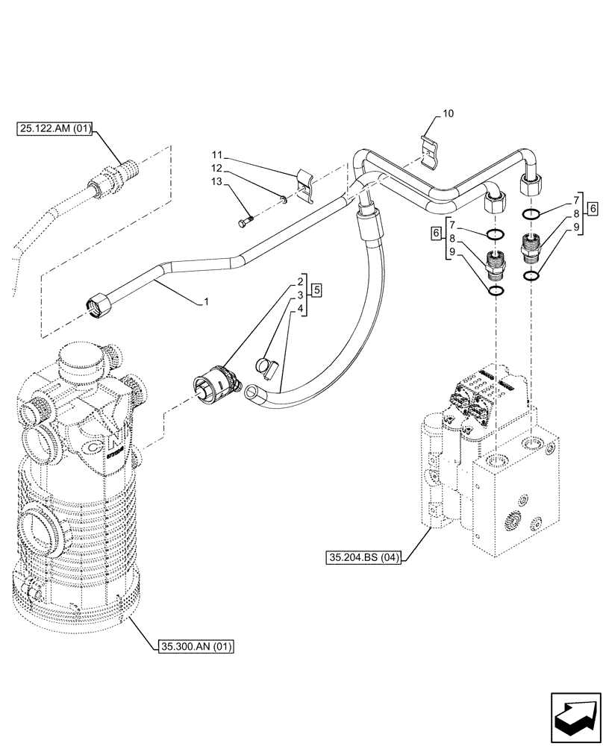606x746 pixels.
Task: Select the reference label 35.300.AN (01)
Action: [196, 646]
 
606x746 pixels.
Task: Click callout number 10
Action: [448, 113]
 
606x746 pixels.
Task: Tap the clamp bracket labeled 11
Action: [307, 186]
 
